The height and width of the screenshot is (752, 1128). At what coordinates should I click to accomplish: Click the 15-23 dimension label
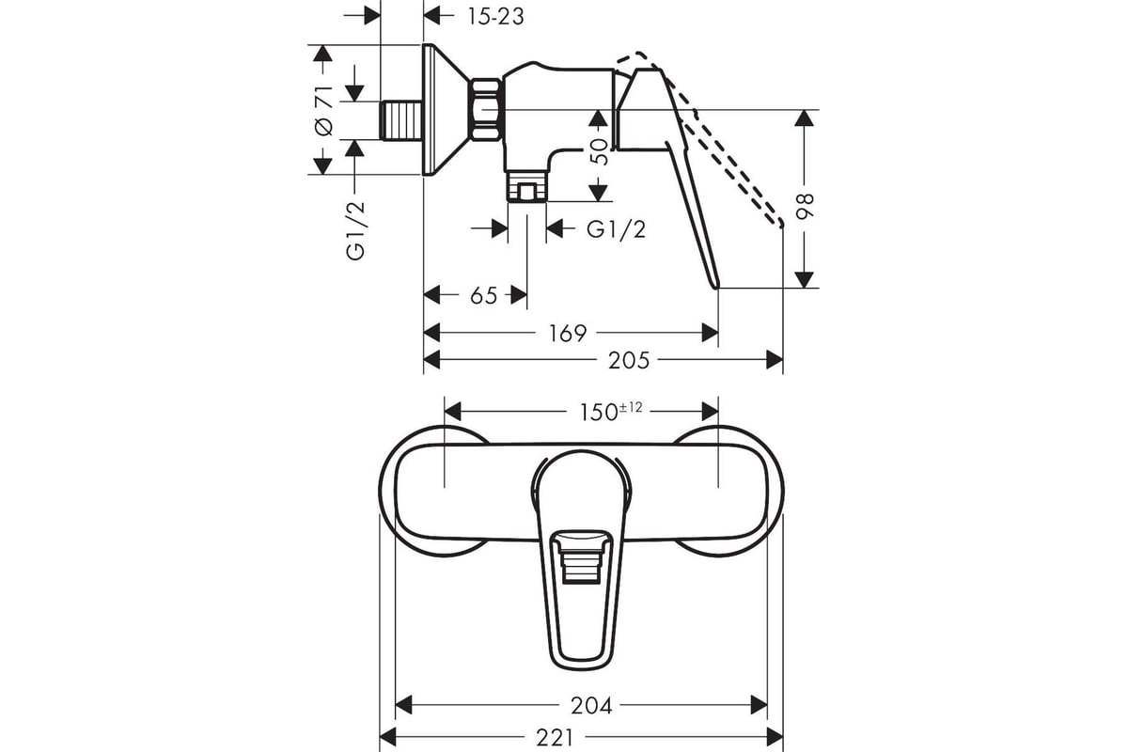496,17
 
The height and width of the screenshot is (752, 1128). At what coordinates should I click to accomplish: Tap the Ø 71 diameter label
324,111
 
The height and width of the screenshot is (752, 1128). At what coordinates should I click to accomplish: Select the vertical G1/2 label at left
355,230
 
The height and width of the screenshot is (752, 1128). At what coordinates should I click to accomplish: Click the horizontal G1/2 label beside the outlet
616,229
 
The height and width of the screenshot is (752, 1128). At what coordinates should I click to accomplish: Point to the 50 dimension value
600,151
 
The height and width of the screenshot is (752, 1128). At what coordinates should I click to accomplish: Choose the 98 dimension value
805,207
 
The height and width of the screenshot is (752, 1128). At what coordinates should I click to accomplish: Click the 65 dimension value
484,296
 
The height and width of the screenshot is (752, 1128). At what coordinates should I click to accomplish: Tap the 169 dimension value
568,333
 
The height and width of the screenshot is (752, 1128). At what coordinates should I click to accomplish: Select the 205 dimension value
629,360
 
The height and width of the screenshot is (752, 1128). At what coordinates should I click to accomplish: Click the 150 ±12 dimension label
611,411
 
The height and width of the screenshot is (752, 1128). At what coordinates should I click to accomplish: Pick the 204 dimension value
591,706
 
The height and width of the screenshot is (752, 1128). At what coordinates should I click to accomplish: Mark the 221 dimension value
555,738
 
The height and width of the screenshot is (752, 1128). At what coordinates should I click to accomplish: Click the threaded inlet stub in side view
402,120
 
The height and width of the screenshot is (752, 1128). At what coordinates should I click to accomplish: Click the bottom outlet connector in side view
526,186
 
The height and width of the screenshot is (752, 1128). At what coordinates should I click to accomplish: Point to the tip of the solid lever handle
715,288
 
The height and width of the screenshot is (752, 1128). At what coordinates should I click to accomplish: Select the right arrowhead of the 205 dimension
775,360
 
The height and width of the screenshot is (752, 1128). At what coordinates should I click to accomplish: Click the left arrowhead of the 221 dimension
388,738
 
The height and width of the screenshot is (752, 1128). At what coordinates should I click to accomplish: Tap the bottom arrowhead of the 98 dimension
805,279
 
